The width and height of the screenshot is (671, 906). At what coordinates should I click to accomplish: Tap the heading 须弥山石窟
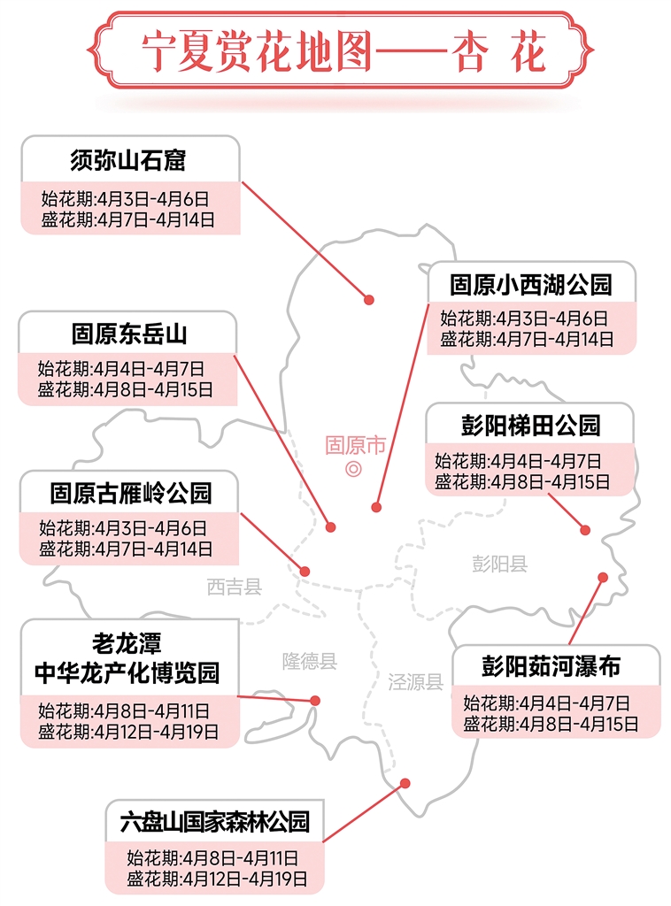click(x=129, y=160)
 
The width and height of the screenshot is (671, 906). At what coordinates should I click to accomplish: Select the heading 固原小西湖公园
click(x=530, y=285)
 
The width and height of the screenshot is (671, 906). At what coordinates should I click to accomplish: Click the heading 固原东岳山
click(x=129, y=334)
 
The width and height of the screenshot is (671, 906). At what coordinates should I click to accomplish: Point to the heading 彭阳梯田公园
click(x=530, y=426)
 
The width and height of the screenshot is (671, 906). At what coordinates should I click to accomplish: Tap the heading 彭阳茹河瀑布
click(x=557, y=666)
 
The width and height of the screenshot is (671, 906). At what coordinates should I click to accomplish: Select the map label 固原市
click(x=355, y=445)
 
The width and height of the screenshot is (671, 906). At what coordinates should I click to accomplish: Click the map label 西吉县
click(x=235, y=587)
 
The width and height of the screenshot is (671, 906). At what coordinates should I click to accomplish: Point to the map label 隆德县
click(x=310, y=661)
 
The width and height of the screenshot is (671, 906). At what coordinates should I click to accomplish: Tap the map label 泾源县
click(x=415, y=681)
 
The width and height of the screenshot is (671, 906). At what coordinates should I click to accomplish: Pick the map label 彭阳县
click(x=499, y=564)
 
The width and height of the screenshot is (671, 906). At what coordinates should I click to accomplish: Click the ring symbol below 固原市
click(x=353, y=469)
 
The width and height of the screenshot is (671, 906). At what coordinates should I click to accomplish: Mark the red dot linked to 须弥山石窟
click(x=369, y=300)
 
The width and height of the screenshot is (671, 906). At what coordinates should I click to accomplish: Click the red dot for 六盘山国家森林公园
click(x=405, y=783)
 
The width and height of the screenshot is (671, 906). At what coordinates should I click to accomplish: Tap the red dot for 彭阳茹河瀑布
click(x=603, y=577)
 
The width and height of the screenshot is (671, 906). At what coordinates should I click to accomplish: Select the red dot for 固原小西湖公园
click(x=376, y=508)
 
